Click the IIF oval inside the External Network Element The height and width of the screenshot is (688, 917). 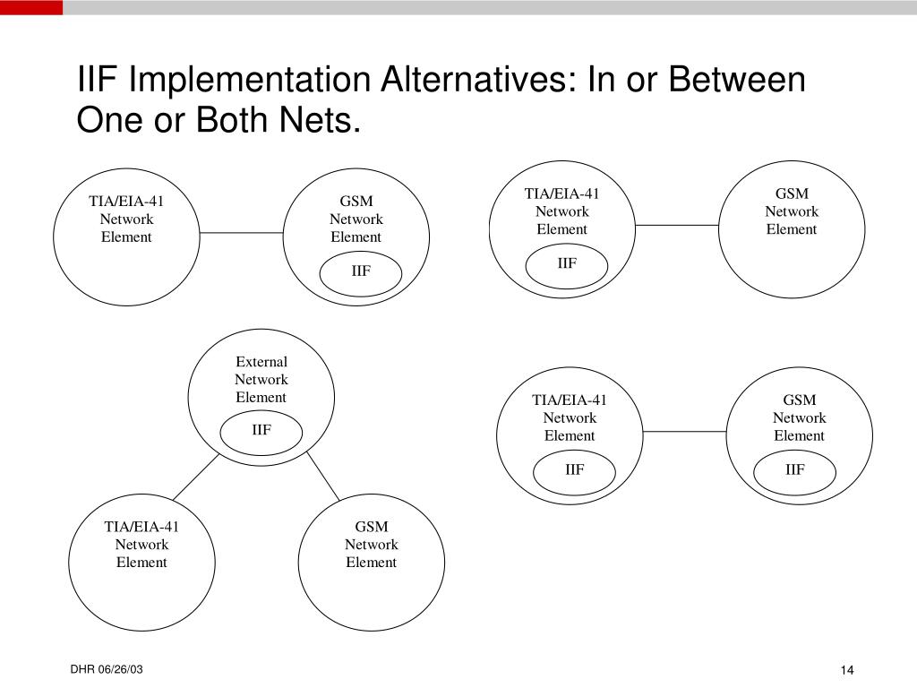coord(261,431)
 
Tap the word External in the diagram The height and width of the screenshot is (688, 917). coord(261,362)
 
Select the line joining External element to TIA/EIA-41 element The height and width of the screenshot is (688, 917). coord(195,477)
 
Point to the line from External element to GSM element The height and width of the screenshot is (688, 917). coord(322,475)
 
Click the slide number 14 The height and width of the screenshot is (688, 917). coord(848,672)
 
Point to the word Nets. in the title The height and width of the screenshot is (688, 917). coord(323,120)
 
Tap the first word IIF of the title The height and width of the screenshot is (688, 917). coord(99,81)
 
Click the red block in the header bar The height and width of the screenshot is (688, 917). coord(31,7)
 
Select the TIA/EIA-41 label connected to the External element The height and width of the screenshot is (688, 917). coord(141,527)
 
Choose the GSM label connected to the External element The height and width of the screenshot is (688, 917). coord(371,527)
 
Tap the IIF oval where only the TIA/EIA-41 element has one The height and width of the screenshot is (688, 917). coord(567,264)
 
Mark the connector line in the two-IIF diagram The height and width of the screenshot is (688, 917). coord(684,432)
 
